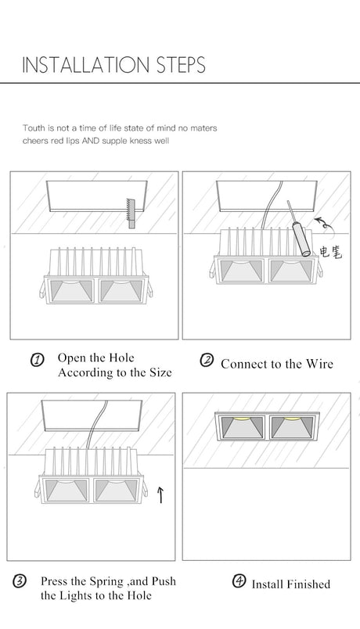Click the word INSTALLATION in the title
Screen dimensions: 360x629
coord(85,65)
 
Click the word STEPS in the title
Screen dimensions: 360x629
coord(181,65)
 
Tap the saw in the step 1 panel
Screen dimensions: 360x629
coord(131,214)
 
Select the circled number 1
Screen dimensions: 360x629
coord(37,360)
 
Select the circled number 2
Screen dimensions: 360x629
coord(207,360)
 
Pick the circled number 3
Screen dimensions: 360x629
coord(20,580)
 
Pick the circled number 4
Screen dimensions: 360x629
coord(239,580)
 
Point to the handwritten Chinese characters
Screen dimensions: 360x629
coord(331,252)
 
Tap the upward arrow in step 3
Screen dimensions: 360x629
coord(160,494)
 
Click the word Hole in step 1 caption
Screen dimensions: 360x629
coord(121,358)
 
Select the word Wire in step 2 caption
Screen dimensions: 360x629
coord(320,364)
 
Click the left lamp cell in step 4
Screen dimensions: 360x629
coord(242,427)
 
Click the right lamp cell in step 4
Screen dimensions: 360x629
coord(292,427)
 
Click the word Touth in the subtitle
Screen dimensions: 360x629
coord(34,128)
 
